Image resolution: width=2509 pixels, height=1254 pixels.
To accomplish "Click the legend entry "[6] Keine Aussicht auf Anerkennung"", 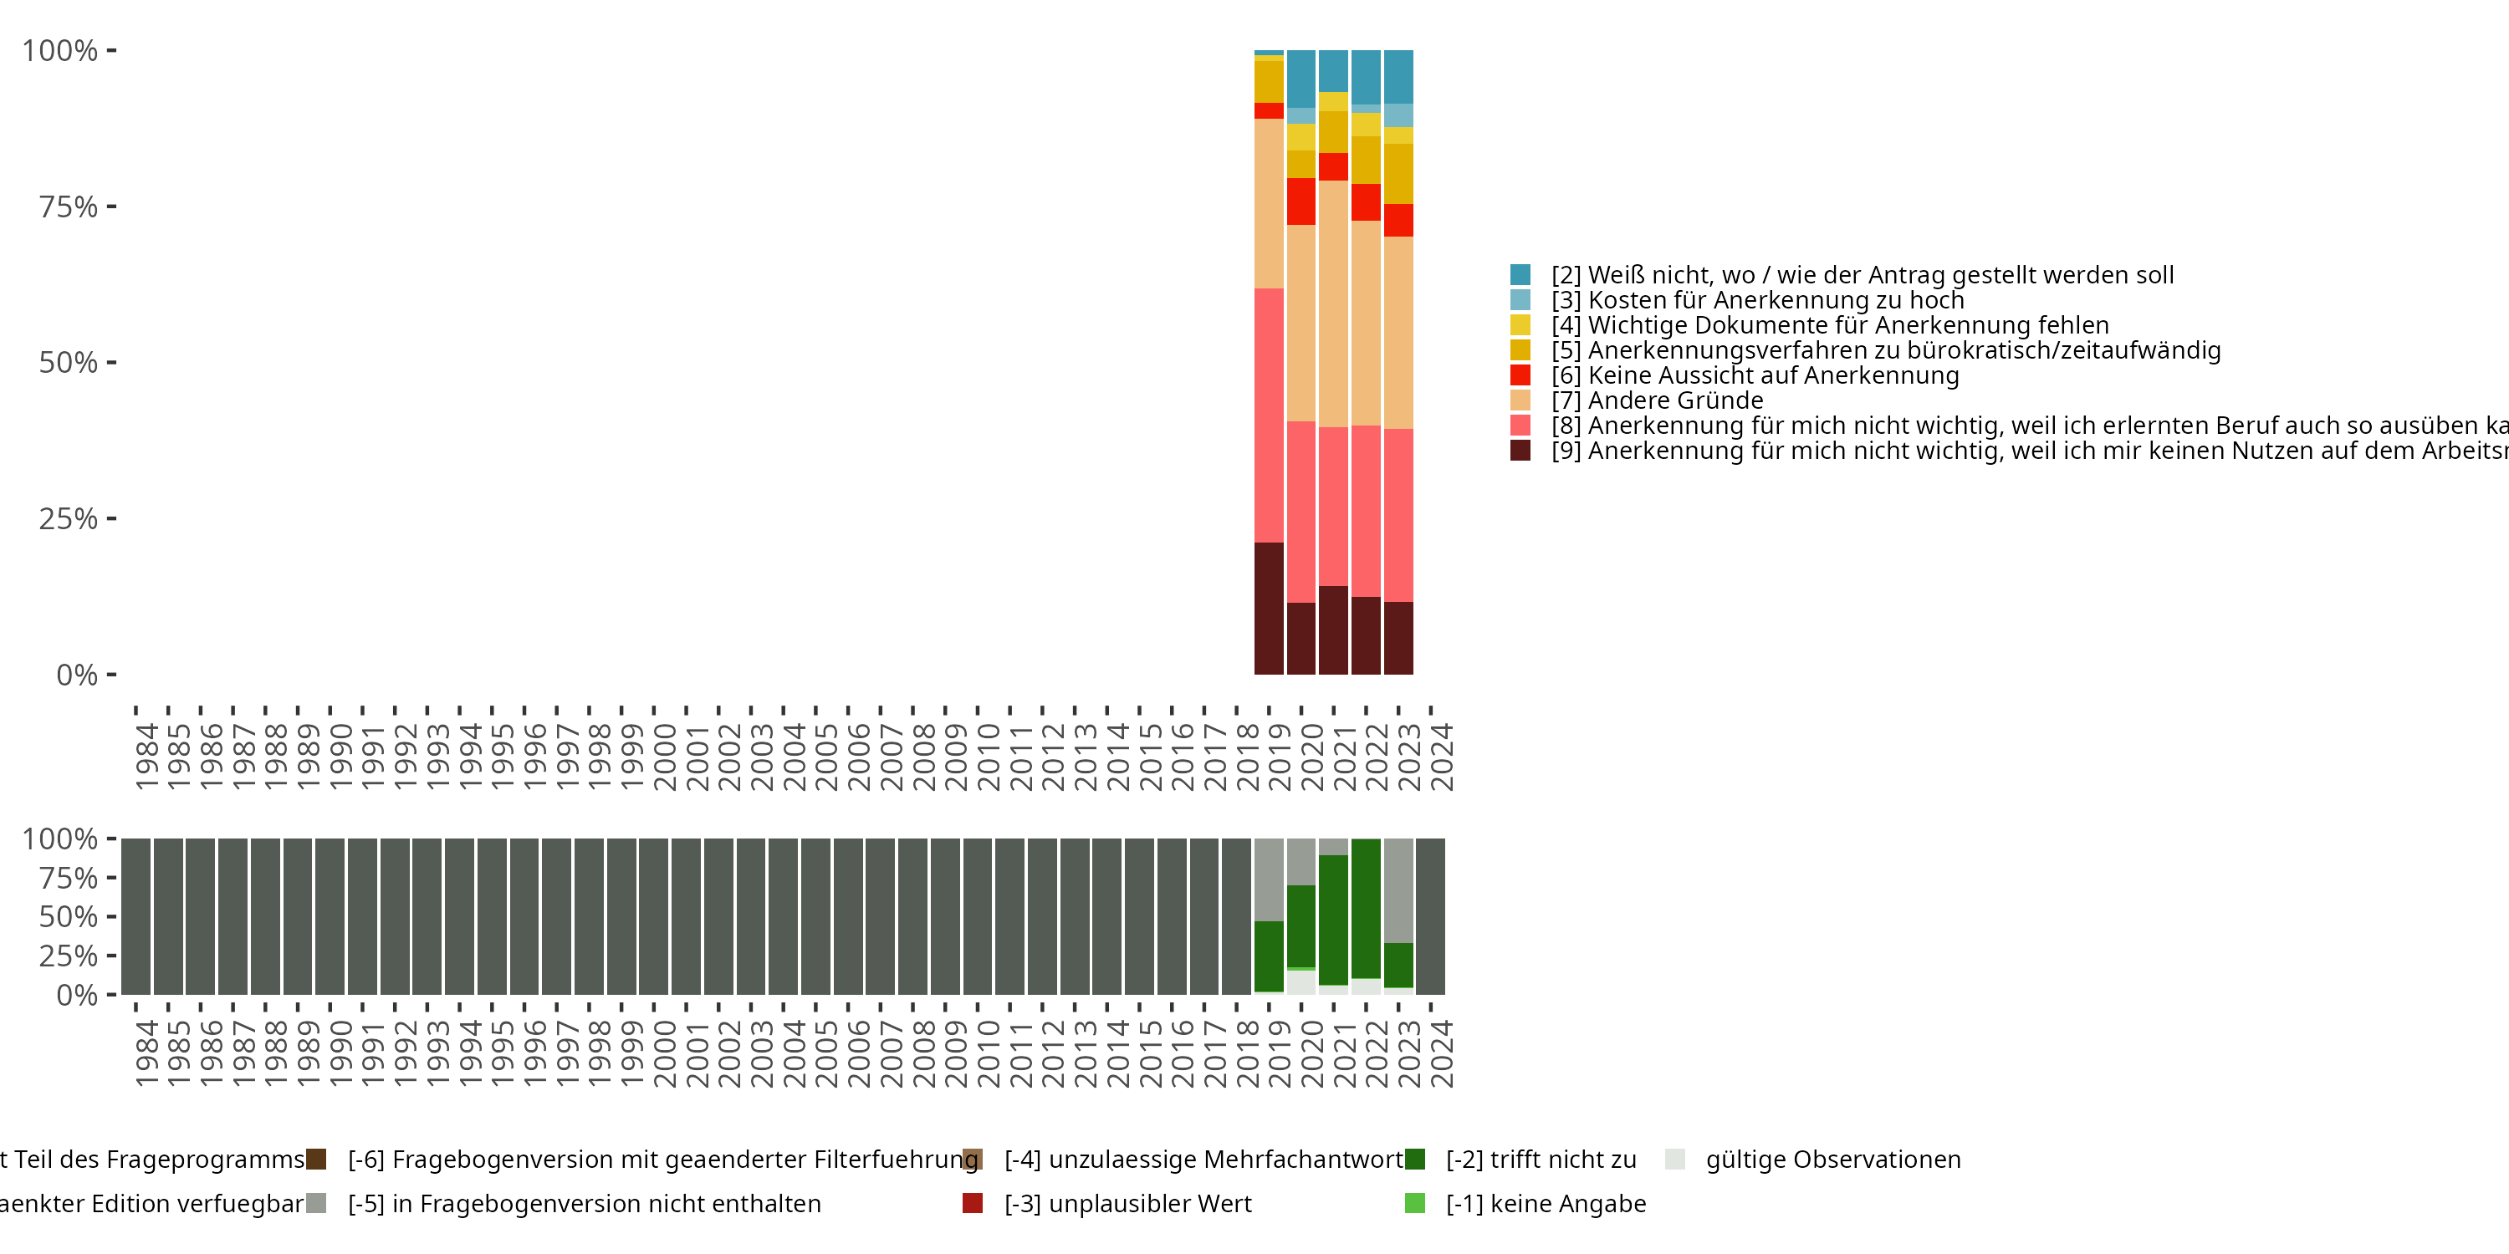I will pos(1773,376).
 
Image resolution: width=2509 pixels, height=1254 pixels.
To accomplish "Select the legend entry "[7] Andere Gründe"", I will pos(1675,401).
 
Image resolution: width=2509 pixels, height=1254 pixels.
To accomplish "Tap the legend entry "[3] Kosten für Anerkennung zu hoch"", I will pos(1757,301).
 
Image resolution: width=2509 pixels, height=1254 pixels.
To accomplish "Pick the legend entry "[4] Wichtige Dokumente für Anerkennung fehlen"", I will pos(1829,325).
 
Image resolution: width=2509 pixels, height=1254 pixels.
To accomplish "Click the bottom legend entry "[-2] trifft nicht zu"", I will pos(1540,1160).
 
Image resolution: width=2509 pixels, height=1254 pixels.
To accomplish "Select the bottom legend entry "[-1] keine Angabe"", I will pos(1545,1205).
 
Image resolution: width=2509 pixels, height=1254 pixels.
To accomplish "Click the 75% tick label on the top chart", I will pos(69,207).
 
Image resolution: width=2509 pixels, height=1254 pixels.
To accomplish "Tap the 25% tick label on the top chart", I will pos(69,519).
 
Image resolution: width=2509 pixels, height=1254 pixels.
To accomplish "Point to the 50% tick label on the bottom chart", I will pos(69,917).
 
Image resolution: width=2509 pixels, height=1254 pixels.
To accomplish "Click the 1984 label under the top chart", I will pos(146,757).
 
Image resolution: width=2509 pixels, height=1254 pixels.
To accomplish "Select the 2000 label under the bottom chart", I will pos(664,1054).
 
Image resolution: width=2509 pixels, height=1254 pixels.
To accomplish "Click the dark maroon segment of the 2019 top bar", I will pos(1268,609).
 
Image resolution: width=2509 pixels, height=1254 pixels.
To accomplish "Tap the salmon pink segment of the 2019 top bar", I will pos(1268,415).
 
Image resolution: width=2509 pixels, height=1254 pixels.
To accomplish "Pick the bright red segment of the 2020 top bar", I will pos(1301,201).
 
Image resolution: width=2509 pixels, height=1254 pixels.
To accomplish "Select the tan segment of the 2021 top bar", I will pos(1333,303).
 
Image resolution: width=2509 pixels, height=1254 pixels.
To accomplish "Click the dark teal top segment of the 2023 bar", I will pos(1398,77).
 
